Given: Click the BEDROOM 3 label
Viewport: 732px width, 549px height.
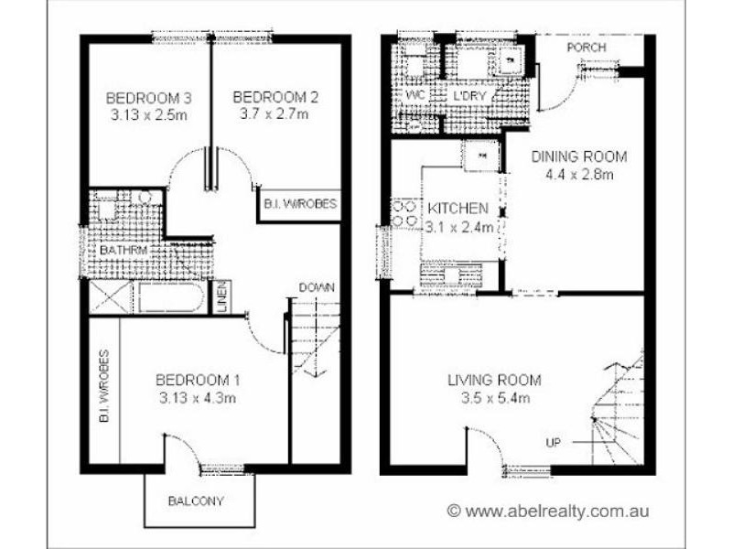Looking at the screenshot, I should pos(136,98).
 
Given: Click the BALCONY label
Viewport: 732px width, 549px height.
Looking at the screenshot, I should pos(196,501).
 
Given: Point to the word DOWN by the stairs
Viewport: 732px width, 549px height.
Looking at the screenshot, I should pos(317,287).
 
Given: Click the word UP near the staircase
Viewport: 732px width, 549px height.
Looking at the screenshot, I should pos(554,443).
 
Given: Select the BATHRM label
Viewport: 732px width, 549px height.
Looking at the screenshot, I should pos(125,249).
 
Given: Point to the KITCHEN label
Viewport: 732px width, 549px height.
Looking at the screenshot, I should pos(457,209).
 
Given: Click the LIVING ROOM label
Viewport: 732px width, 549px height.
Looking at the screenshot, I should pos(494,381).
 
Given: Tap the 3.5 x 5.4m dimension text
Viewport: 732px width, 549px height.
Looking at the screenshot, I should pos(494,398).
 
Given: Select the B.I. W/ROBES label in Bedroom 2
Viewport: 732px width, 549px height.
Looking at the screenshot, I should pos(299,205).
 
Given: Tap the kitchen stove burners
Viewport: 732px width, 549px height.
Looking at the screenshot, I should pos(404,214).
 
